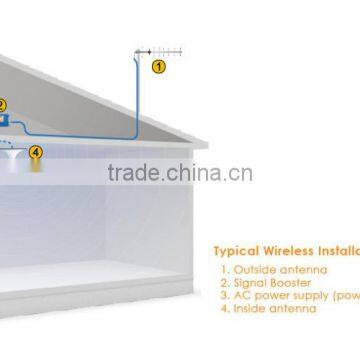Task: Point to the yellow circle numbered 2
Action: [x=2, y=103]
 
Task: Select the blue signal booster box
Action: [x=7, y=119]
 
